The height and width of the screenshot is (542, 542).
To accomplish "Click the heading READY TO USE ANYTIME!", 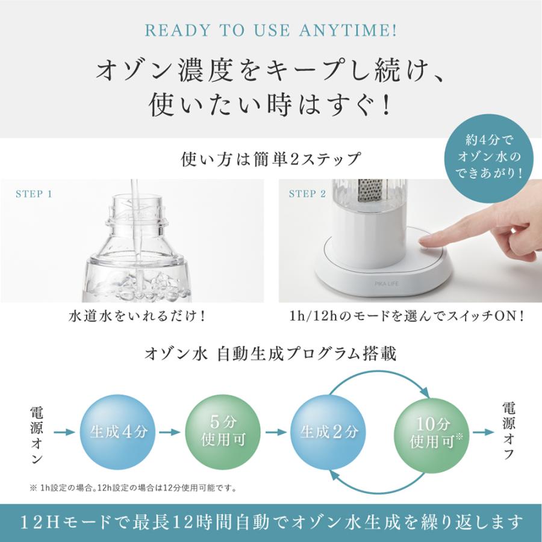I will pyautogui.click(x=271, y=30).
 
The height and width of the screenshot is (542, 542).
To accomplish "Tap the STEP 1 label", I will pyautogui.click(x=34, y=194).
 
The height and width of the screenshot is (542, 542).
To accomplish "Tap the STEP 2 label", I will pyautogui.click(x=307, y=194).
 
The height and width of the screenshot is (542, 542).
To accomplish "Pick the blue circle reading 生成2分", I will pyautogui.click(x=329, y=432).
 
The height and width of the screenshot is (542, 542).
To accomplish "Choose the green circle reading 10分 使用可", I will pyautogui.click(x=431, y=432).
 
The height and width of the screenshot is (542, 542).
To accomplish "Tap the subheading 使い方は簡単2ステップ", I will pyautogui.click(x=271, y=160).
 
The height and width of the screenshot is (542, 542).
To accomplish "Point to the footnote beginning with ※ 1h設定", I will pyautogui.click(x=132, y=487).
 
